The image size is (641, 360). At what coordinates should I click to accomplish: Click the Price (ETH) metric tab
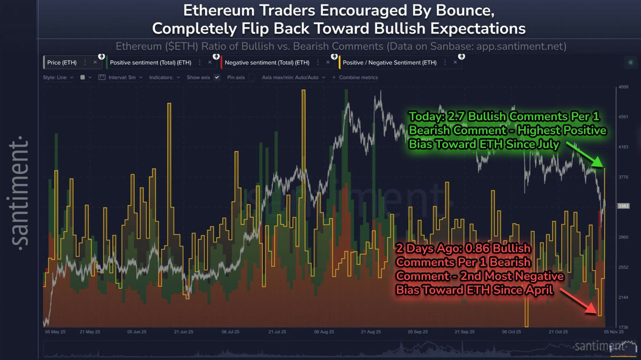pos(61,62)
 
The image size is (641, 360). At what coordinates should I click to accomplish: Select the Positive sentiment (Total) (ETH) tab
pos(150,62)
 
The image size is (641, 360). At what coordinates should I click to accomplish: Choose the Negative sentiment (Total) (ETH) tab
pos(267,62)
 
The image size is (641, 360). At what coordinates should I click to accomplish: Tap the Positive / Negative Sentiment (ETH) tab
pos(389,62)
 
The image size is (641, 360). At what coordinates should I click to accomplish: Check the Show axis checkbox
pos(217,77)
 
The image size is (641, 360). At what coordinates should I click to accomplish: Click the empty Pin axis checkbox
pos(251,77)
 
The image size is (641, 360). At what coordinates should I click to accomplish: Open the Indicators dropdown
pos(164,77)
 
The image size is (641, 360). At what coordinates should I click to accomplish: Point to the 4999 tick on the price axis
pos(623,87)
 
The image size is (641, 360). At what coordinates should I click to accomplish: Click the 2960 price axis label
pos(623,237)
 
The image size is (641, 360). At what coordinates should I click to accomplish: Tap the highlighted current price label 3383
pos(623,206)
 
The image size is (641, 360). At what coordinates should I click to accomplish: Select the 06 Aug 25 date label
pos(324,332)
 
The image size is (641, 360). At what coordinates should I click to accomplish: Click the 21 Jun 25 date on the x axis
pos(183,332)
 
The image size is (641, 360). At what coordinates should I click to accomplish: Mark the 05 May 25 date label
pos(54,332)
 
